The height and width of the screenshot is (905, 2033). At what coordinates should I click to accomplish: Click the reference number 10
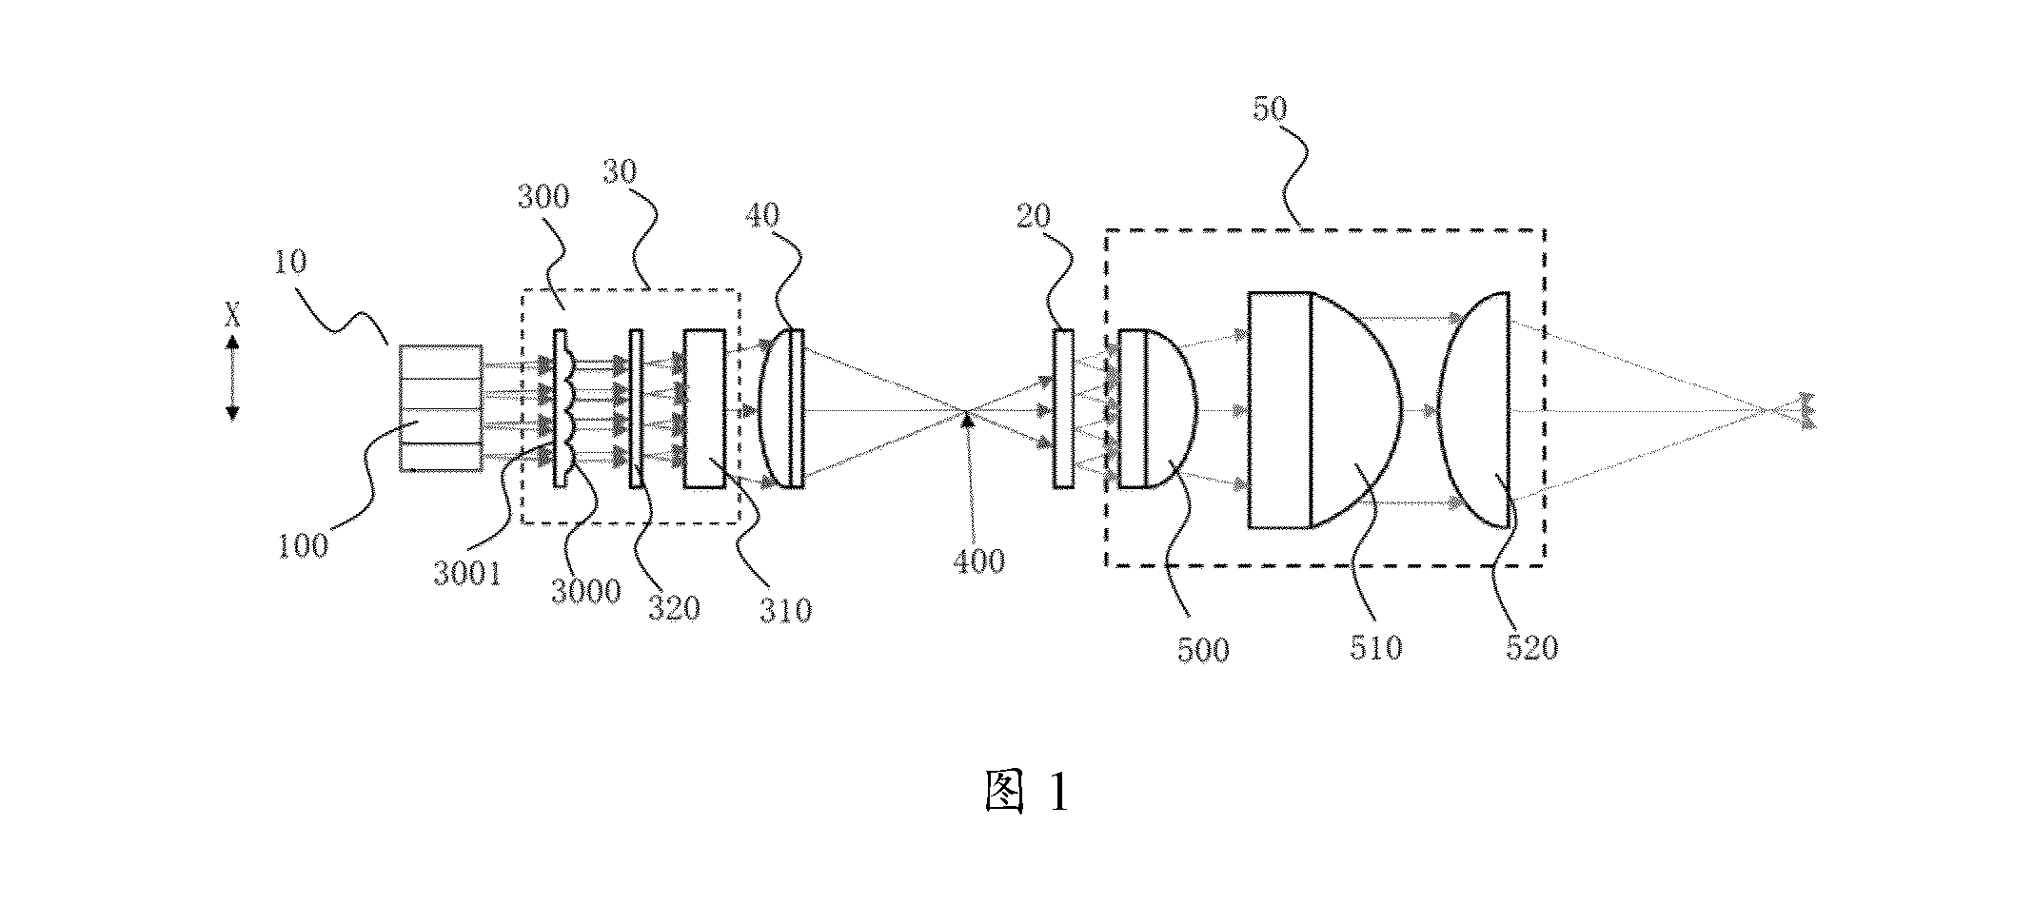(x=291, y=262)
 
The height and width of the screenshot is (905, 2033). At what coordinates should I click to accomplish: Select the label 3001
(x=466, y=575)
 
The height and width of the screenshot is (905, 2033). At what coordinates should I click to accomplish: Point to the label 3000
(x=586, y=591)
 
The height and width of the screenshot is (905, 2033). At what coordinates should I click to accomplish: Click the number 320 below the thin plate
(x=674, y=607)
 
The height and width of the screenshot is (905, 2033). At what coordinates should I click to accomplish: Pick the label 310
(x=785, y=609)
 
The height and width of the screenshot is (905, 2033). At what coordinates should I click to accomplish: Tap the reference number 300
(x=543, y=197)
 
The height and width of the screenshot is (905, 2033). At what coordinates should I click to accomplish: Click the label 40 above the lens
(x=762, y=215)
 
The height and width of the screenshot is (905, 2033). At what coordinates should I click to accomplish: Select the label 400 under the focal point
(x=978, y=561)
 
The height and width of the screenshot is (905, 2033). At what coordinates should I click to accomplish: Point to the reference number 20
(x=1033, y=217)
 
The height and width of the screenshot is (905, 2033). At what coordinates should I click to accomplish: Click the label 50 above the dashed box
(x=1270, y=108)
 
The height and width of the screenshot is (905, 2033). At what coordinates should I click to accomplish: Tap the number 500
(x=1203, y=650)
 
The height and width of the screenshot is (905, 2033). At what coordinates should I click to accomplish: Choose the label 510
(x=1375, y=648)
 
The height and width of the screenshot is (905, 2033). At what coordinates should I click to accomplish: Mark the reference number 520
(x=1531, y=648)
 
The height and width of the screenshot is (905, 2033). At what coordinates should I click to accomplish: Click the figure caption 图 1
(x=1026, y=792)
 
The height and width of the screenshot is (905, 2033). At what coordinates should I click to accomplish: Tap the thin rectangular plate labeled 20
(x=1063, y=409)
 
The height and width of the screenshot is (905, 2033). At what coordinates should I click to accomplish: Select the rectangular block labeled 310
(x=704, y=409)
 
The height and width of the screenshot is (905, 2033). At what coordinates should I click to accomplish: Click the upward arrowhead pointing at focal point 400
(x=968, y=418)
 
